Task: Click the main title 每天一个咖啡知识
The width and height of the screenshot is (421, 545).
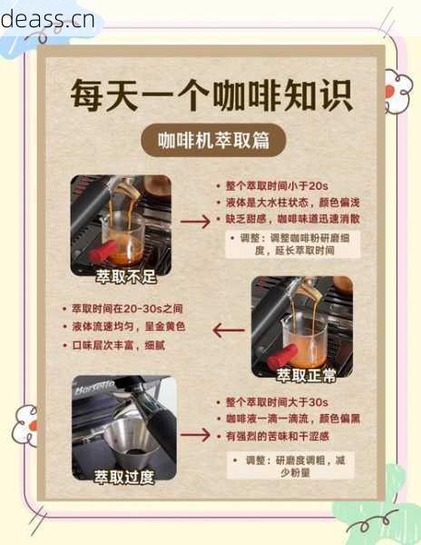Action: [x=211, y=94]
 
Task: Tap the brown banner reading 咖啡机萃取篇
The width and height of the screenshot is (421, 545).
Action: [x=210, y=141]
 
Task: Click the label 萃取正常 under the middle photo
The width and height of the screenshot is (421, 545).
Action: [x=303, y=374]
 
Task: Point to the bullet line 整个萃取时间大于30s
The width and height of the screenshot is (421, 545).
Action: [x=272, y=401]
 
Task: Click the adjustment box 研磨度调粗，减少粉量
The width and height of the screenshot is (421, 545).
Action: [x=289, y=466]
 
